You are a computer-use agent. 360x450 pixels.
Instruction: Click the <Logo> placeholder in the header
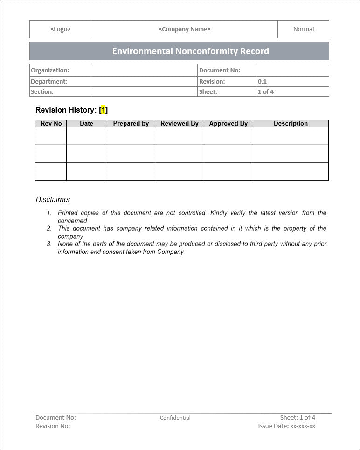pyautogui.click(x=61, y=29)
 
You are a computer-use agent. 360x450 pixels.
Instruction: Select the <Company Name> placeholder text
pyautogui.click(x=185, y=29)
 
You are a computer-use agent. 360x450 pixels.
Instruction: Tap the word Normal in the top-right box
pyautogui.click(x=304, y=29)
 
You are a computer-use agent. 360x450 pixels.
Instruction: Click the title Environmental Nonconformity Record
pyautogui.click(x=190, y=51)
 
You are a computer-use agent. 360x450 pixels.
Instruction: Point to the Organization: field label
pyautogui.click(x=50, y=70)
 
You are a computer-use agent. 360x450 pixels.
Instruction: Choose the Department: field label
pyautogui.click(x=49, y=81)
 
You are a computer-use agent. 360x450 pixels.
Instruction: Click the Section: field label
pyautogui.click(x=42, y=91)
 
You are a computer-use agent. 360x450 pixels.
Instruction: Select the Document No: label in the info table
pyautogui.click(x=220, y=70)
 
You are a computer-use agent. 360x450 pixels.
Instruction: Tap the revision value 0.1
pyautogui.click(x=263, y=81)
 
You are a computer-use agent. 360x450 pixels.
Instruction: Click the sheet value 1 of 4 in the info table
pyautogui.click(x=266, y=91)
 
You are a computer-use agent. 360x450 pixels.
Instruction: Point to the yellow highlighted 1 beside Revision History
pyautogui.click(x=104, y=110)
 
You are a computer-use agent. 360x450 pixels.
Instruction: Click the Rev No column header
pyautogui.click(x=51, y=124)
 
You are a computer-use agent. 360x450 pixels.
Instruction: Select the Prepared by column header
pyautogui.click(x=131, y=124)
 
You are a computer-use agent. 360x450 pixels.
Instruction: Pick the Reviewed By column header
pyautogui.click(x=180, y=124)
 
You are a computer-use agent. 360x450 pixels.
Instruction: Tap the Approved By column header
pyautogui.click(x=228, y=124)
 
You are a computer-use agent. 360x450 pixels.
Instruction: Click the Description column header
pyautogui.click(x=291, y=124)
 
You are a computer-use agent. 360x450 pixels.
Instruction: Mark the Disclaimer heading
pyautogui.click(x=53, y=200)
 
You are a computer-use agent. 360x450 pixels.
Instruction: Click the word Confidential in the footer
pyautogui.click(x=175, y=418)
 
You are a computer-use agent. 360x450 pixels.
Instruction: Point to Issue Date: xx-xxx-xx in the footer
pyautogui.click(x=287, y=426)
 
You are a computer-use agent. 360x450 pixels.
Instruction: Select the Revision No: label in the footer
pyautogui.click(x=53, y=426)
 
